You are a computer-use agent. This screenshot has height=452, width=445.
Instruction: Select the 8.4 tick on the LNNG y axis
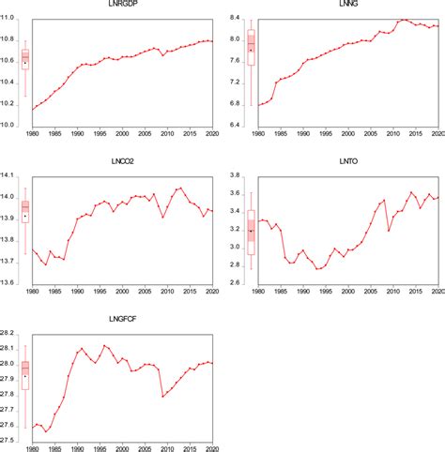(x=238, y=18)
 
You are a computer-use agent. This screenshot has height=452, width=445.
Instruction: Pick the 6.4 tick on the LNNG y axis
(x=238, y=126)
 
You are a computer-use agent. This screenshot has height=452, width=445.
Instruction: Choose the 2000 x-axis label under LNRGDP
(x=123, y=134)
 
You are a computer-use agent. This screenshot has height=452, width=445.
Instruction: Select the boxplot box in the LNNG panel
(x=251, y=47)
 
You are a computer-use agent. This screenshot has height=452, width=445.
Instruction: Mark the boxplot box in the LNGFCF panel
(x=25, y=373)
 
